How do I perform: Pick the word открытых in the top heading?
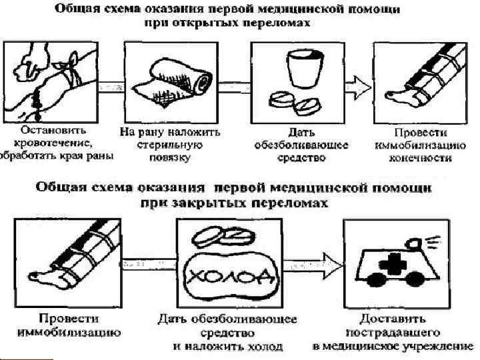tap(204, 23)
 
